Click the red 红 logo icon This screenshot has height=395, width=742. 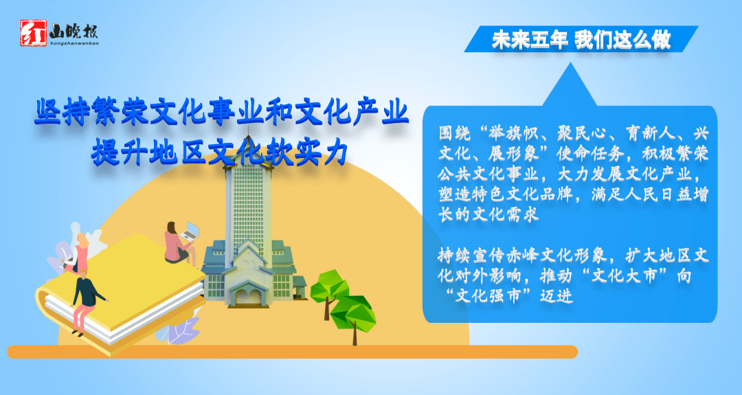(x=31, y=32)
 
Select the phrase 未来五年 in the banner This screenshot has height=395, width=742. (x=529, y=41)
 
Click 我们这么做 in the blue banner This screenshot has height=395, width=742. (x=622, y=41)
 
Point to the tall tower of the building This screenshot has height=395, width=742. (x=249, y=192)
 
